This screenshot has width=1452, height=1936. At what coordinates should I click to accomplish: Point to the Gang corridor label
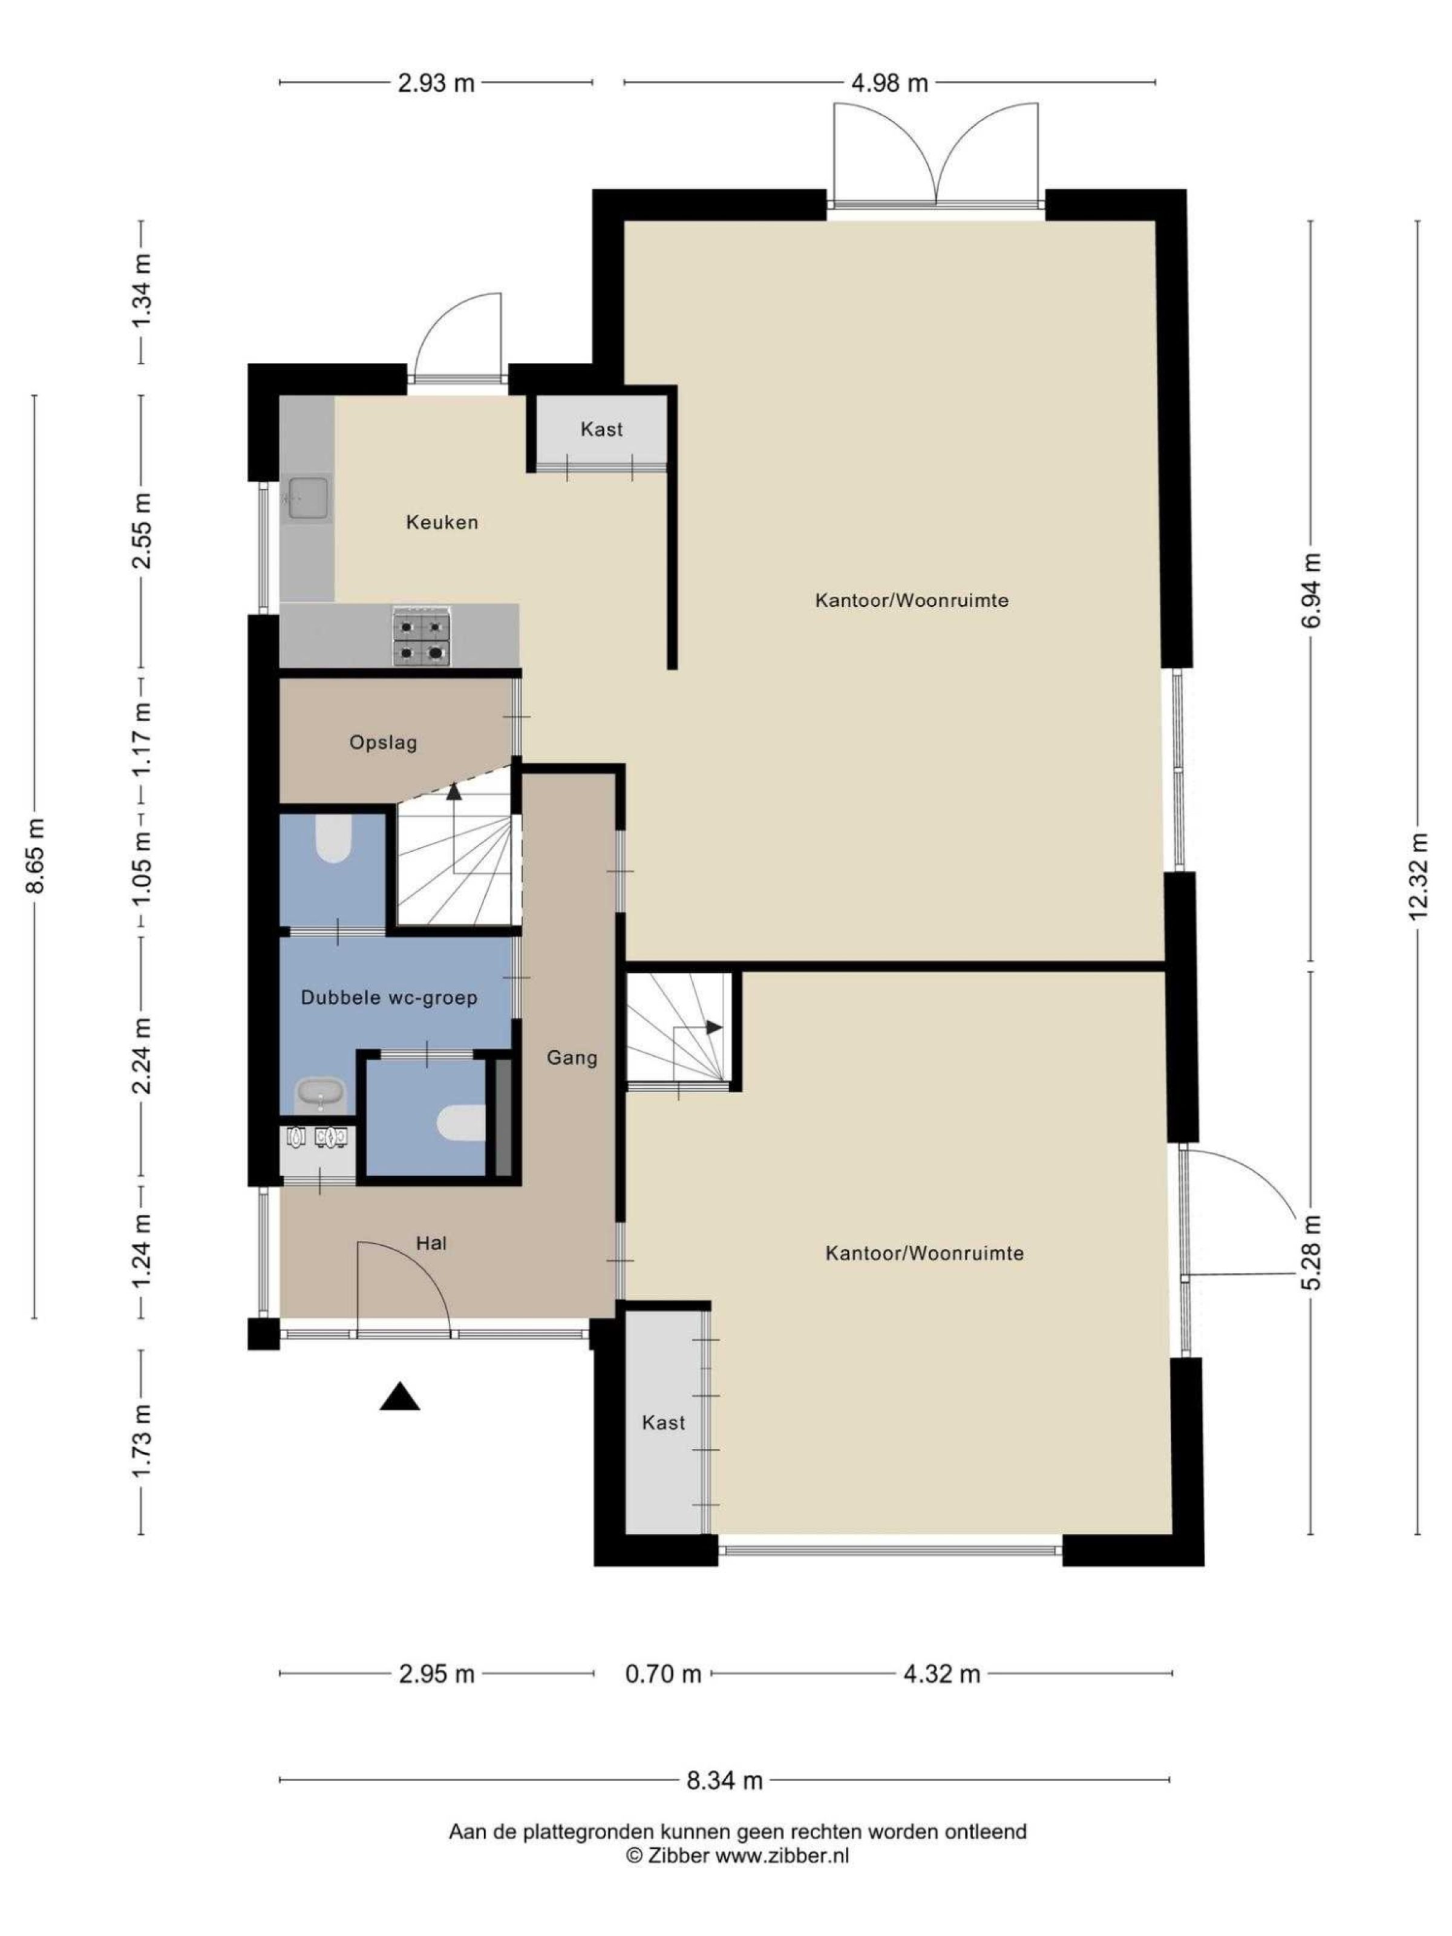(x=572, y=1058)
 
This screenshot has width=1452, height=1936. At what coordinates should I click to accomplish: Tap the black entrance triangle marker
(x=399, y=1397)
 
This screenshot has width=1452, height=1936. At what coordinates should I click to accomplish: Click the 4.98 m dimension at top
(x=889, y=83)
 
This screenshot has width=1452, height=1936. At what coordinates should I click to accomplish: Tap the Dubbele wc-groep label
(x=388, y=998)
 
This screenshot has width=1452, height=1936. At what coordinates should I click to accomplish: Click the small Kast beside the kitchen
(x=601, y=430)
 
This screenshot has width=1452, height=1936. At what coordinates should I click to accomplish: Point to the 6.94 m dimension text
(x=1310, y=590)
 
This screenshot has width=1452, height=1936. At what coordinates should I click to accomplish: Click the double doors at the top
(x=935, y=156)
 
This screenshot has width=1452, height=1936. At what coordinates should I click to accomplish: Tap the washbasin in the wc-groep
(x=320, y=1094)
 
